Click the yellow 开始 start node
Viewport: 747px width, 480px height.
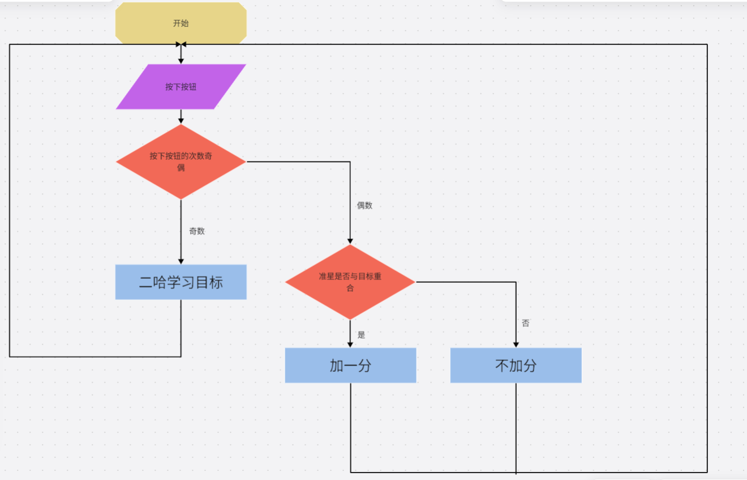(x=181, y=23)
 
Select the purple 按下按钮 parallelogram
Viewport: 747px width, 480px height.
(x=181, y=87)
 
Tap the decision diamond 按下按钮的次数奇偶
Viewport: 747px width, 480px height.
(x=181, y=162)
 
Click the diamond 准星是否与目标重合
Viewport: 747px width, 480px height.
(x=350, y=282)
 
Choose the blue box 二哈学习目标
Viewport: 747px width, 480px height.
(x=181, y=282)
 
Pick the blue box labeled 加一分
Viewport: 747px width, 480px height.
(x=350, y=366)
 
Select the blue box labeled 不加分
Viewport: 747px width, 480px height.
(x=516, y=366)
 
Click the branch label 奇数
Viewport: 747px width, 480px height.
(x=197, y=231)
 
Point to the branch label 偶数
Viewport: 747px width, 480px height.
(x=364, y=206)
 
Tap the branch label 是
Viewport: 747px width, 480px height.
(x=361, y=335)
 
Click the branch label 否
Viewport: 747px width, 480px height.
(x=526, y=323)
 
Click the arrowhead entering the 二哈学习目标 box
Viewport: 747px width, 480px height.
(x=181, y=261)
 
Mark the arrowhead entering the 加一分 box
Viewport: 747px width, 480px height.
(x=350, y=344)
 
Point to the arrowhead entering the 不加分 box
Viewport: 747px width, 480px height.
(x=516, y=344)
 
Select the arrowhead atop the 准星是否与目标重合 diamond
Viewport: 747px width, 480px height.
(x=350, y=241)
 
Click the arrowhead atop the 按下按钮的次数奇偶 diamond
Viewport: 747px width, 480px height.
(x=181, y=120)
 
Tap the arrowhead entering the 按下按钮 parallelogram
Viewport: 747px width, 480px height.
(x=181, y=60)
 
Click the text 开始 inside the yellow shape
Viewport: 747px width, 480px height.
(x=181, y=23)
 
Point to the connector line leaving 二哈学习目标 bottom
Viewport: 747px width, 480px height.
(x=181, y=329)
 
